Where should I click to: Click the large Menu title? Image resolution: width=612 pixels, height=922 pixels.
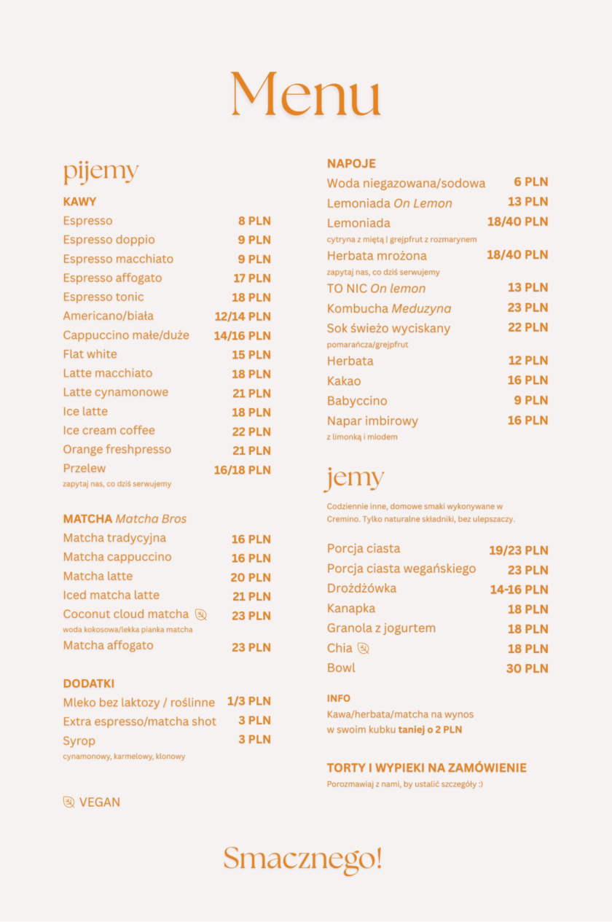(x=305, y=95)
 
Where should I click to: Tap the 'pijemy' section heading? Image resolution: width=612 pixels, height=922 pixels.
(x=101, y=172)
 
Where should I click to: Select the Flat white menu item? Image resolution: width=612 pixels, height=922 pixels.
(x=90, y=354)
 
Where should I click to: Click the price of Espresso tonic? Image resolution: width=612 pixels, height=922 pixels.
(x=251, y=297)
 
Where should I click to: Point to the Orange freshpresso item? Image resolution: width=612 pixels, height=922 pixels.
(x=117, y=450)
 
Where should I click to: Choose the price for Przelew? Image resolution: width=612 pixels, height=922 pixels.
(x=242, y=470)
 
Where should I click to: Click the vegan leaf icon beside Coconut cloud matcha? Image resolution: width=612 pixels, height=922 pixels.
(x=201, y=614)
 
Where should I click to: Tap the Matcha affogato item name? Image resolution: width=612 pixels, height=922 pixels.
(x=108, y=646)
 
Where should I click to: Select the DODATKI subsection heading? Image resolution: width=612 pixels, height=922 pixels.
(x=89, y=684)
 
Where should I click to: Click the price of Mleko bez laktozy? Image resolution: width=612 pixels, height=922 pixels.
(x=248, y=701)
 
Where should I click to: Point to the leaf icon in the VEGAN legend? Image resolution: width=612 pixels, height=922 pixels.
(x=69, y=802)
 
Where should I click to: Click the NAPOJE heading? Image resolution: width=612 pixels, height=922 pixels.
(x=351, y=163)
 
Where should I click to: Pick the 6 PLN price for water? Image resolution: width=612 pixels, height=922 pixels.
(x=530, y=182)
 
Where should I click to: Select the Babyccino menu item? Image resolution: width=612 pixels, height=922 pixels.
(x=357, y=401)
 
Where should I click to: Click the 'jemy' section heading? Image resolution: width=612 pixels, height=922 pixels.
(x=354, y=478)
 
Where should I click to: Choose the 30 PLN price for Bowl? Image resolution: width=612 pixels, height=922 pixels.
(x=527, y=668)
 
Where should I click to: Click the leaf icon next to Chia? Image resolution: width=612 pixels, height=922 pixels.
(x=364, y=649)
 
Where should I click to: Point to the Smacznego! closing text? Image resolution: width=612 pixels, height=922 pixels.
(x=302, y=859)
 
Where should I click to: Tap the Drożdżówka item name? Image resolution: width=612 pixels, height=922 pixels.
(x=361, y=589)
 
